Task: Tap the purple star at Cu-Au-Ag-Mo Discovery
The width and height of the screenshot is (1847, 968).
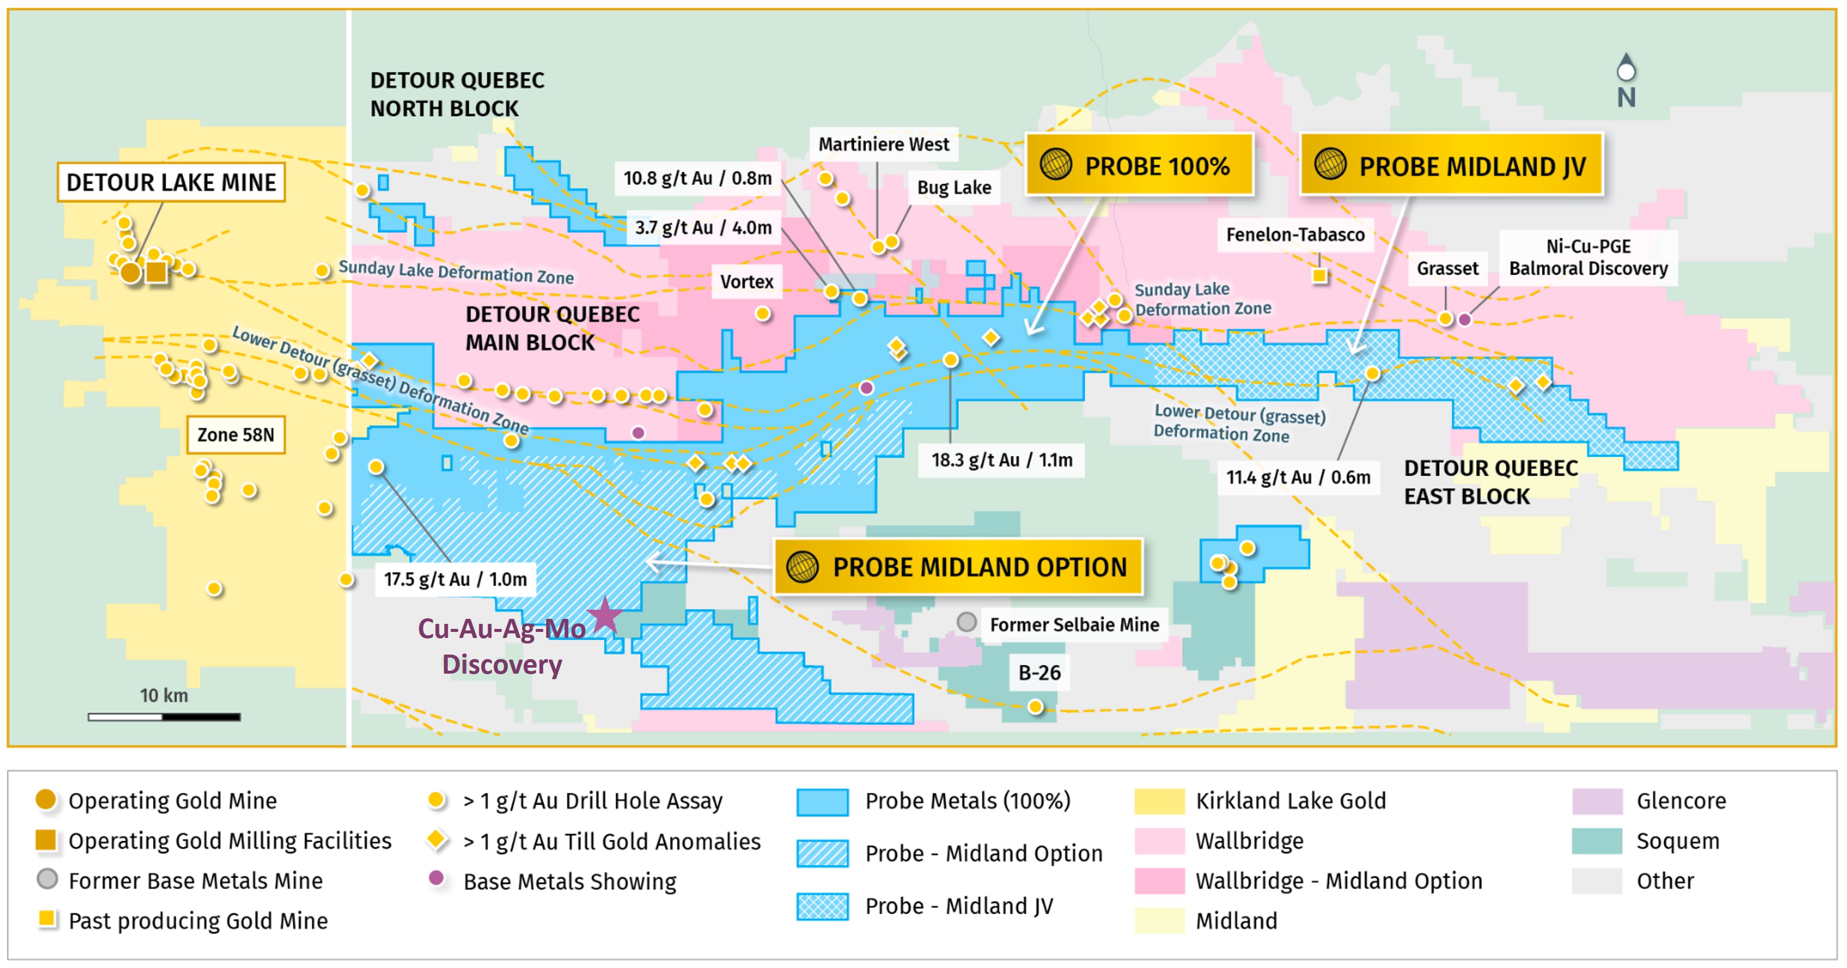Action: tap(604, 615)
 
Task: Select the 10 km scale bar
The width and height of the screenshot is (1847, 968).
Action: tap(164, 716)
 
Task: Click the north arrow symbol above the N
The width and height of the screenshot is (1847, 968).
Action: tap(1626, 68)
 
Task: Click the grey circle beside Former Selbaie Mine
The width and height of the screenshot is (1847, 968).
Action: tap(966, 622)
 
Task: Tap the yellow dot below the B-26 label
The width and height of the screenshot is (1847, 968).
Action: tap(1035, 707)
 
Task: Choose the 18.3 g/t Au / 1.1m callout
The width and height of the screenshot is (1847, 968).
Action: tap(1001, 460)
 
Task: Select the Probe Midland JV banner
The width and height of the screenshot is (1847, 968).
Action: tap(1451, 165)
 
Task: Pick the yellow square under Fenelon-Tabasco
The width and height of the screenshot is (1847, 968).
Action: tap(1319, 275)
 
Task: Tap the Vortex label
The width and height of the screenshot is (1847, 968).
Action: tap(746, 281)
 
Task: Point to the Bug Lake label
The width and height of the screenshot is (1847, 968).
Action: tap(954, 187)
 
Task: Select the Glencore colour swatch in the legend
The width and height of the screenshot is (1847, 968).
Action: tap(1597, 801)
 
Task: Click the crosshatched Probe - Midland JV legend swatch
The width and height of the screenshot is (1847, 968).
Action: tap(822, 906)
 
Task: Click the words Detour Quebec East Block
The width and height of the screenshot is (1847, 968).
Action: tap(1490, 482)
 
